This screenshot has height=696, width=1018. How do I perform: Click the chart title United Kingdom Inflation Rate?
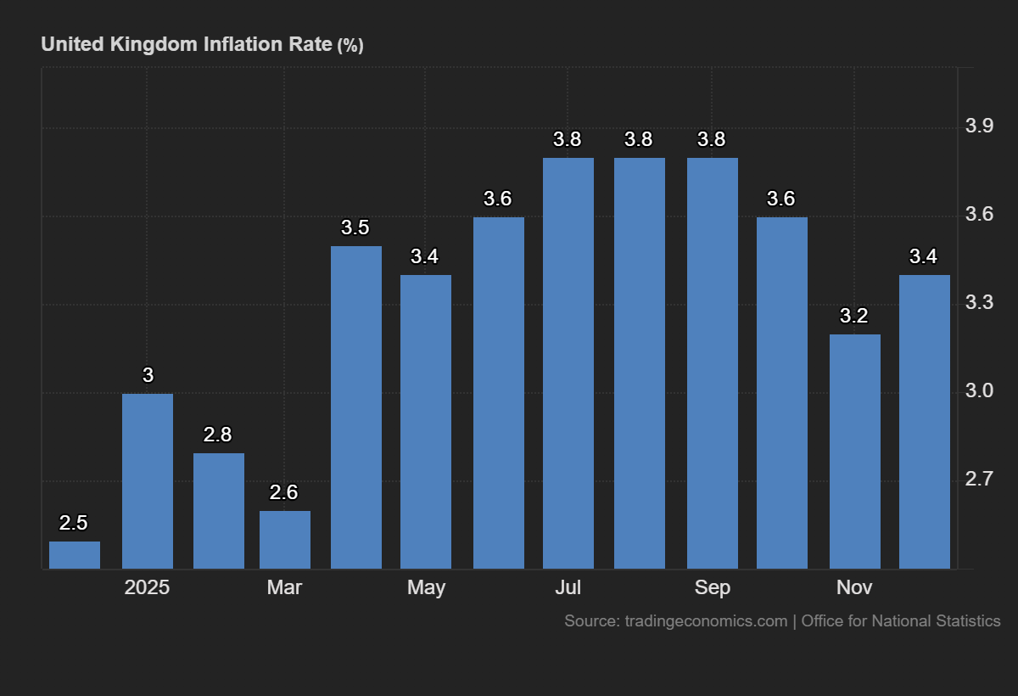(x=187, y=44)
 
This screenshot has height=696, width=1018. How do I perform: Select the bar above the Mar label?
(x=285, y=540)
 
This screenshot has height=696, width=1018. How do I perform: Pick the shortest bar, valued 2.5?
(x=75, y=555)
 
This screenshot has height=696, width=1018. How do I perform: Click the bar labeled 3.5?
(x=356, y=407)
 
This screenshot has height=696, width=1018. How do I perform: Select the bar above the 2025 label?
(x=148, y=481)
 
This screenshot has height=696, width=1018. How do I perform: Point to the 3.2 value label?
(x=854, y=317)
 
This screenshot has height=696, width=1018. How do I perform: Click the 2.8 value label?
(x=218, y=435)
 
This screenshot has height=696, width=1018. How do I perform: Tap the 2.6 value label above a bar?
(x=284, y=493)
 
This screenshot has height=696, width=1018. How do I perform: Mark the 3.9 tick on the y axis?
(x=980, y=127)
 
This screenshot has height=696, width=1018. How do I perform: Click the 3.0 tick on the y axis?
(x=980, y=391)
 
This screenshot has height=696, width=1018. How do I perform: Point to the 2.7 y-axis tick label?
(x=980, y=480)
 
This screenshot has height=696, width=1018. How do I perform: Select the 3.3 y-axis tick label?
(x=980, y=303)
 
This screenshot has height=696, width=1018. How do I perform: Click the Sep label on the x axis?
(x=712, y=587)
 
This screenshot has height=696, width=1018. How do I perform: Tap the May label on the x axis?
(x=426, y=587)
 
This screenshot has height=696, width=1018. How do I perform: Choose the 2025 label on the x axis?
(x=147, y=587)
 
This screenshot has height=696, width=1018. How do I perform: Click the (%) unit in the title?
(x=350, y=46)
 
